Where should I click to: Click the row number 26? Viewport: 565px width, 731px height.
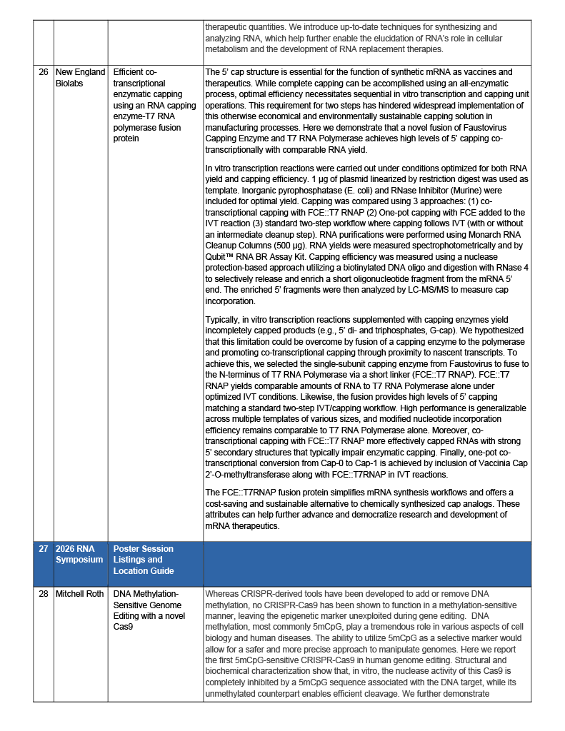point(44,72)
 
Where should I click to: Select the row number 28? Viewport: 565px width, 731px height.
point(44,593)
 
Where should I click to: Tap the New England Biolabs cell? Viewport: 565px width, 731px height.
point(80,77)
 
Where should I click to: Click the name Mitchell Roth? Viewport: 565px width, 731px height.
point(80,593)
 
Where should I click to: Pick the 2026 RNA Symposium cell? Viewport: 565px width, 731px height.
point(79,554)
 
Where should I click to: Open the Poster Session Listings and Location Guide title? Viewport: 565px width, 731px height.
point(143,560)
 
